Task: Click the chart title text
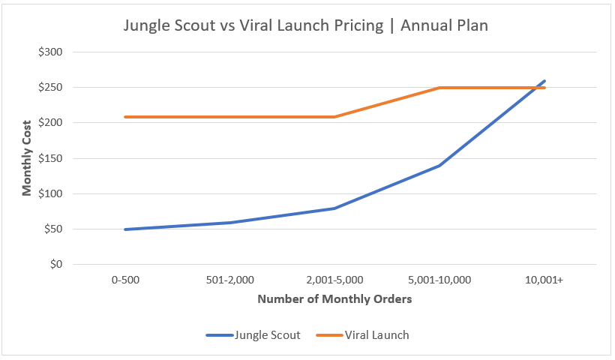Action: coord(306,25)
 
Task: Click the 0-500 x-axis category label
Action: coord(125,280)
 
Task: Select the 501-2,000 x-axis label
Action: coord(229,280)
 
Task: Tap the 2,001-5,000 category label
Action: coord(334,280)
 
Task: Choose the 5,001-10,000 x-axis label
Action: coord(439,280)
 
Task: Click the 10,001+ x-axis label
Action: coord(544,280)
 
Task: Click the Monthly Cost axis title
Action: coord(27,158)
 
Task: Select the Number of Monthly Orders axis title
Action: coord(334,299)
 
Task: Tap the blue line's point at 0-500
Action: coord(125,229)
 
